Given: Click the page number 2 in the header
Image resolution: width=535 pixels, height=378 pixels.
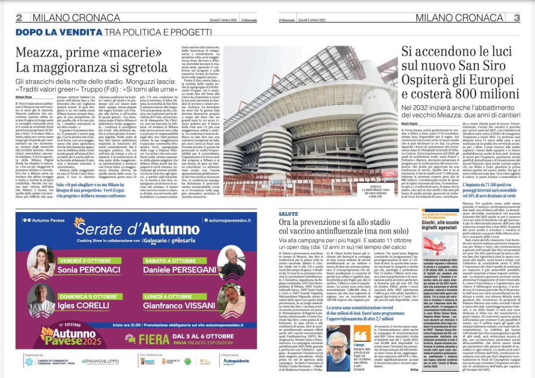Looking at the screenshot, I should (x=19, y=18).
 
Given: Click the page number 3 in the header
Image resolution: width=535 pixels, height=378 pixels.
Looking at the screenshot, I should (x=516, y=18).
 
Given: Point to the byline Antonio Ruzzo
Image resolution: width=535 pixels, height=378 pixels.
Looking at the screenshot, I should (x=25, y=97).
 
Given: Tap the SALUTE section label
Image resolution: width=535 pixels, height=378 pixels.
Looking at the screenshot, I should (x=288, y=213).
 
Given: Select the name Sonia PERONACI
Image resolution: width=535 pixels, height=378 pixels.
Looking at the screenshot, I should (x=84, y=269).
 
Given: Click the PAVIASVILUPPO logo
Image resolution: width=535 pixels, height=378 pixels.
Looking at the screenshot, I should (x=100, y=361).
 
